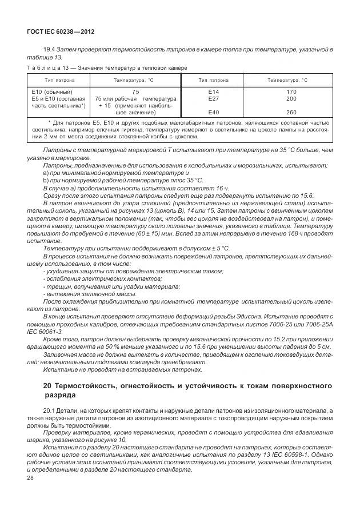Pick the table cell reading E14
pyautogui.click(x=214, y=91)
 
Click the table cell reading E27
pyautogui.click(x=214, y=98)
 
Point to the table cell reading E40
pyautogui.click(x=214, y=112)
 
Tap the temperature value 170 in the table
pyautogui.click(x=291, y=91)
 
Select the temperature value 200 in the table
pyautogui.click(x=291, y=98)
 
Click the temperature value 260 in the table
pyautogui.click(x=291, y=112)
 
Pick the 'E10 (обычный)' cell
pyautogui.click(x=51, y=91)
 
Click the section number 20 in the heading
pyautogui.click(x=48, y=386)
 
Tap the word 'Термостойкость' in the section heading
pyautogui.click(x=94, y=386)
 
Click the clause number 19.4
pyautogui.click(x=49, y=50)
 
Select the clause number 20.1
pyautogui.click(x=49, y=411)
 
